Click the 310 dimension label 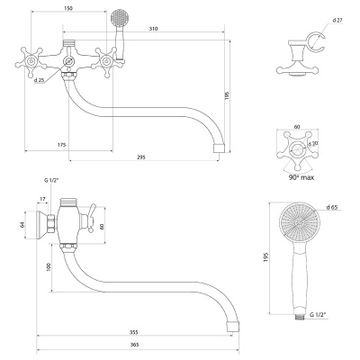(x=153, y=29)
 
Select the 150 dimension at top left (x=68, y=8)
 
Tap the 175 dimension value (x=61, y=145)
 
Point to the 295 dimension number (x=141, y=157)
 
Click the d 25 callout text (x=39, y=80)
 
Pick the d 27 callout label (x=337, y=21)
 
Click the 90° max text (x=301, y=177)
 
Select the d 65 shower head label (x=332, y=207)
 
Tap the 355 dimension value (x=134, y=332)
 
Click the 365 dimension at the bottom (x=135, y=345)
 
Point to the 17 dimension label (x=42, y=199)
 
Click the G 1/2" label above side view (x=50, y=180)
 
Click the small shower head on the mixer (x=119, y=17)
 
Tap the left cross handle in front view (x=31, y=62)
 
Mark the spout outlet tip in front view (x=219, y=148)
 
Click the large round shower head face (x=300, y=223)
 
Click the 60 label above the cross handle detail (x=297, y=127)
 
